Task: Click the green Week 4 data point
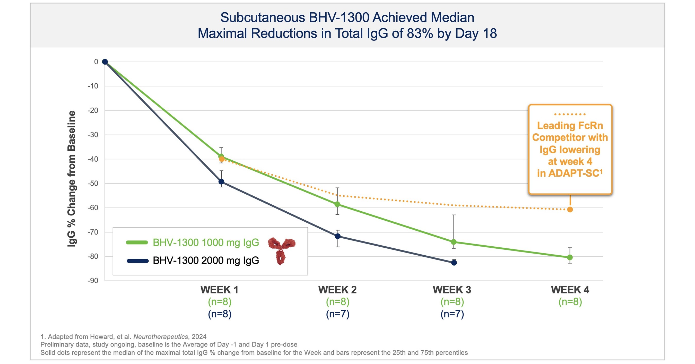point(570,257)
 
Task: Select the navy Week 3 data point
point(454,263)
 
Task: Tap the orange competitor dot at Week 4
point(570,209)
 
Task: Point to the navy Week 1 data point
point(221,181)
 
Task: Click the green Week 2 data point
point(337,204)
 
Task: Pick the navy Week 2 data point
point(337,236)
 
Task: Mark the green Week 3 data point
point(454,242)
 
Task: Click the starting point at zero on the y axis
point(105,62)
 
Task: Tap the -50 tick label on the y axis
point(93,184)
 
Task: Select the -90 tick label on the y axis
point(93,281)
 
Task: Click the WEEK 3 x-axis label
point(452,290)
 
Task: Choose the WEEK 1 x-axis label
point(219,290)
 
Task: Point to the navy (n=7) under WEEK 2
point(337,314)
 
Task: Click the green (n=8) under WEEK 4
point(570,302)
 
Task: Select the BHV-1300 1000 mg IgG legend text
point(206,242)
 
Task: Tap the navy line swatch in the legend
point(138,261)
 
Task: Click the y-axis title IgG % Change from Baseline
point(72,178)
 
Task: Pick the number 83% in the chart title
point(420,33)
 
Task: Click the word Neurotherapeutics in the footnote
point(161,337)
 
